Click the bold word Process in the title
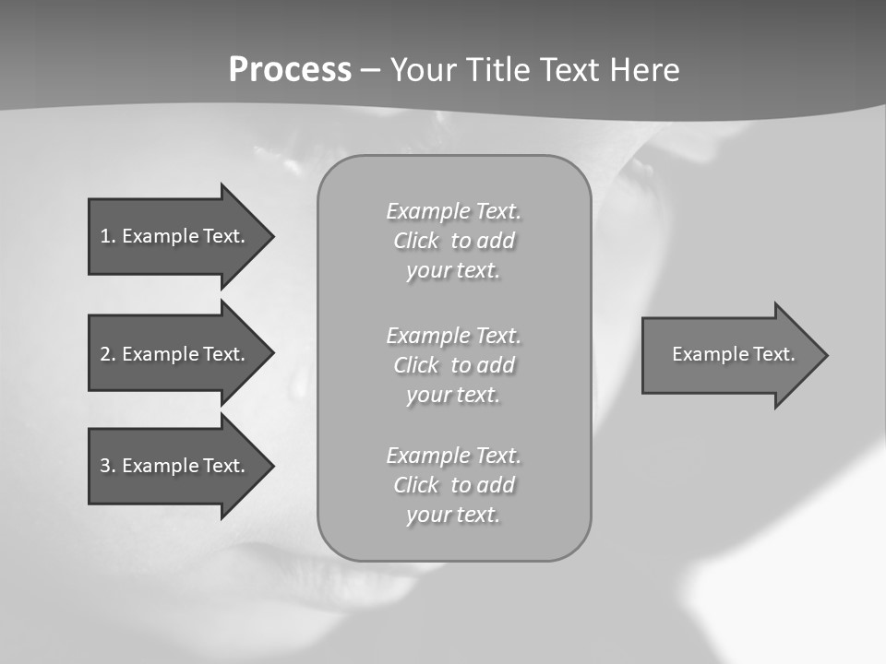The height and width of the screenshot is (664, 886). [x=290, y=70]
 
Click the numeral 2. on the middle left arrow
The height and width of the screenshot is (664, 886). [x=108, y=354]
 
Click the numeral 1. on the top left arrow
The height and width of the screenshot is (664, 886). [x=108, y=236]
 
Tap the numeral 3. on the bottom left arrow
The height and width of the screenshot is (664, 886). [x=108, y=466]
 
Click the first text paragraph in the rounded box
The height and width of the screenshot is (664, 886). [x=453, y=241]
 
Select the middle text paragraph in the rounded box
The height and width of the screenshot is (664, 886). [x=453, y=365]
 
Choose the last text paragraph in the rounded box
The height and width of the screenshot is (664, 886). [x=453, y=485]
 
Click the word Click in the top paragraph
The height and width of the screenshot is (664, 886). [x=416, y=242]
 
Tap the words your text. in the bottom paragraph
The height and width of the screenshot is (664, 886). [x=453, y=515]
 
